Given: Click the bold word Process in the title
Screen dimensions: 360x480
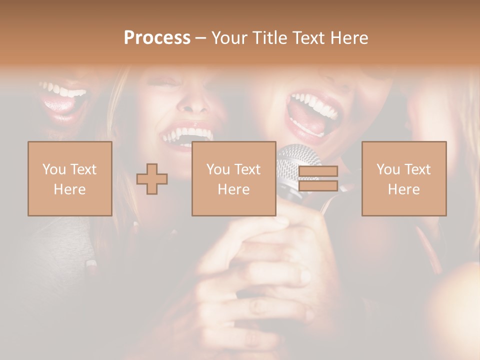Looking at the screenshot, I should click(157, 38).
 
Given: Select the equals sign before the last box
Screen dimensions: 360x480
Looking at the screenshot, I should click(318, 178).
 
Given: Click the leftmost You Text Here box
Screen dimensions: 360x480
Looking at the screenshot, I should click(70, 178).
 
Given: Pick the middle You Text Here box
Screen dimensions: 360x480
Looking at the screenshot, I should click(233, 178).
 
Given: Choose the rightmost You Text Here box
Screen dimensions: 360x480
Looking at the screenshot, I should click(404, 178).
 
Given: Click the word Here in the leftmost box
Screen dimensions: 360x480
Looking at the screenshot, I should click(69, 189).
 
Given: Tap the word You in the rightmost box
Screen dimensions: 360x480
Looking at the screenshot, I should click(387, 169).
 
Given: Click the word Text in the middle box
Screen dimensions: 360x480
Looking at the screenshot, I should click(247, 169).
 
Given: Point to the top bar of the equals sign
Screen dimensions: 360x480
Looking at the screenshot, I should click(318, 171).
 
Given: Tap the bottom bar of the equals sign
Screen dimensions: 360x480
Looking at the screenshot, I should click(318, 186).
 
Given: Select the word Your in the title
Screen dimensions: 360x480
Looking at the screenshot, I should click(227, 38).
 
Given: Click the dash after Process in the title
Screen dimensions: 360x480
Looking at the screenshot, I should click(200, 38).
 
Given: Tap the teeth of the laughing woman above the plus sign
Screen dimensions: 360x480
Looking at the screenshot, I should click(187, 134).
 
